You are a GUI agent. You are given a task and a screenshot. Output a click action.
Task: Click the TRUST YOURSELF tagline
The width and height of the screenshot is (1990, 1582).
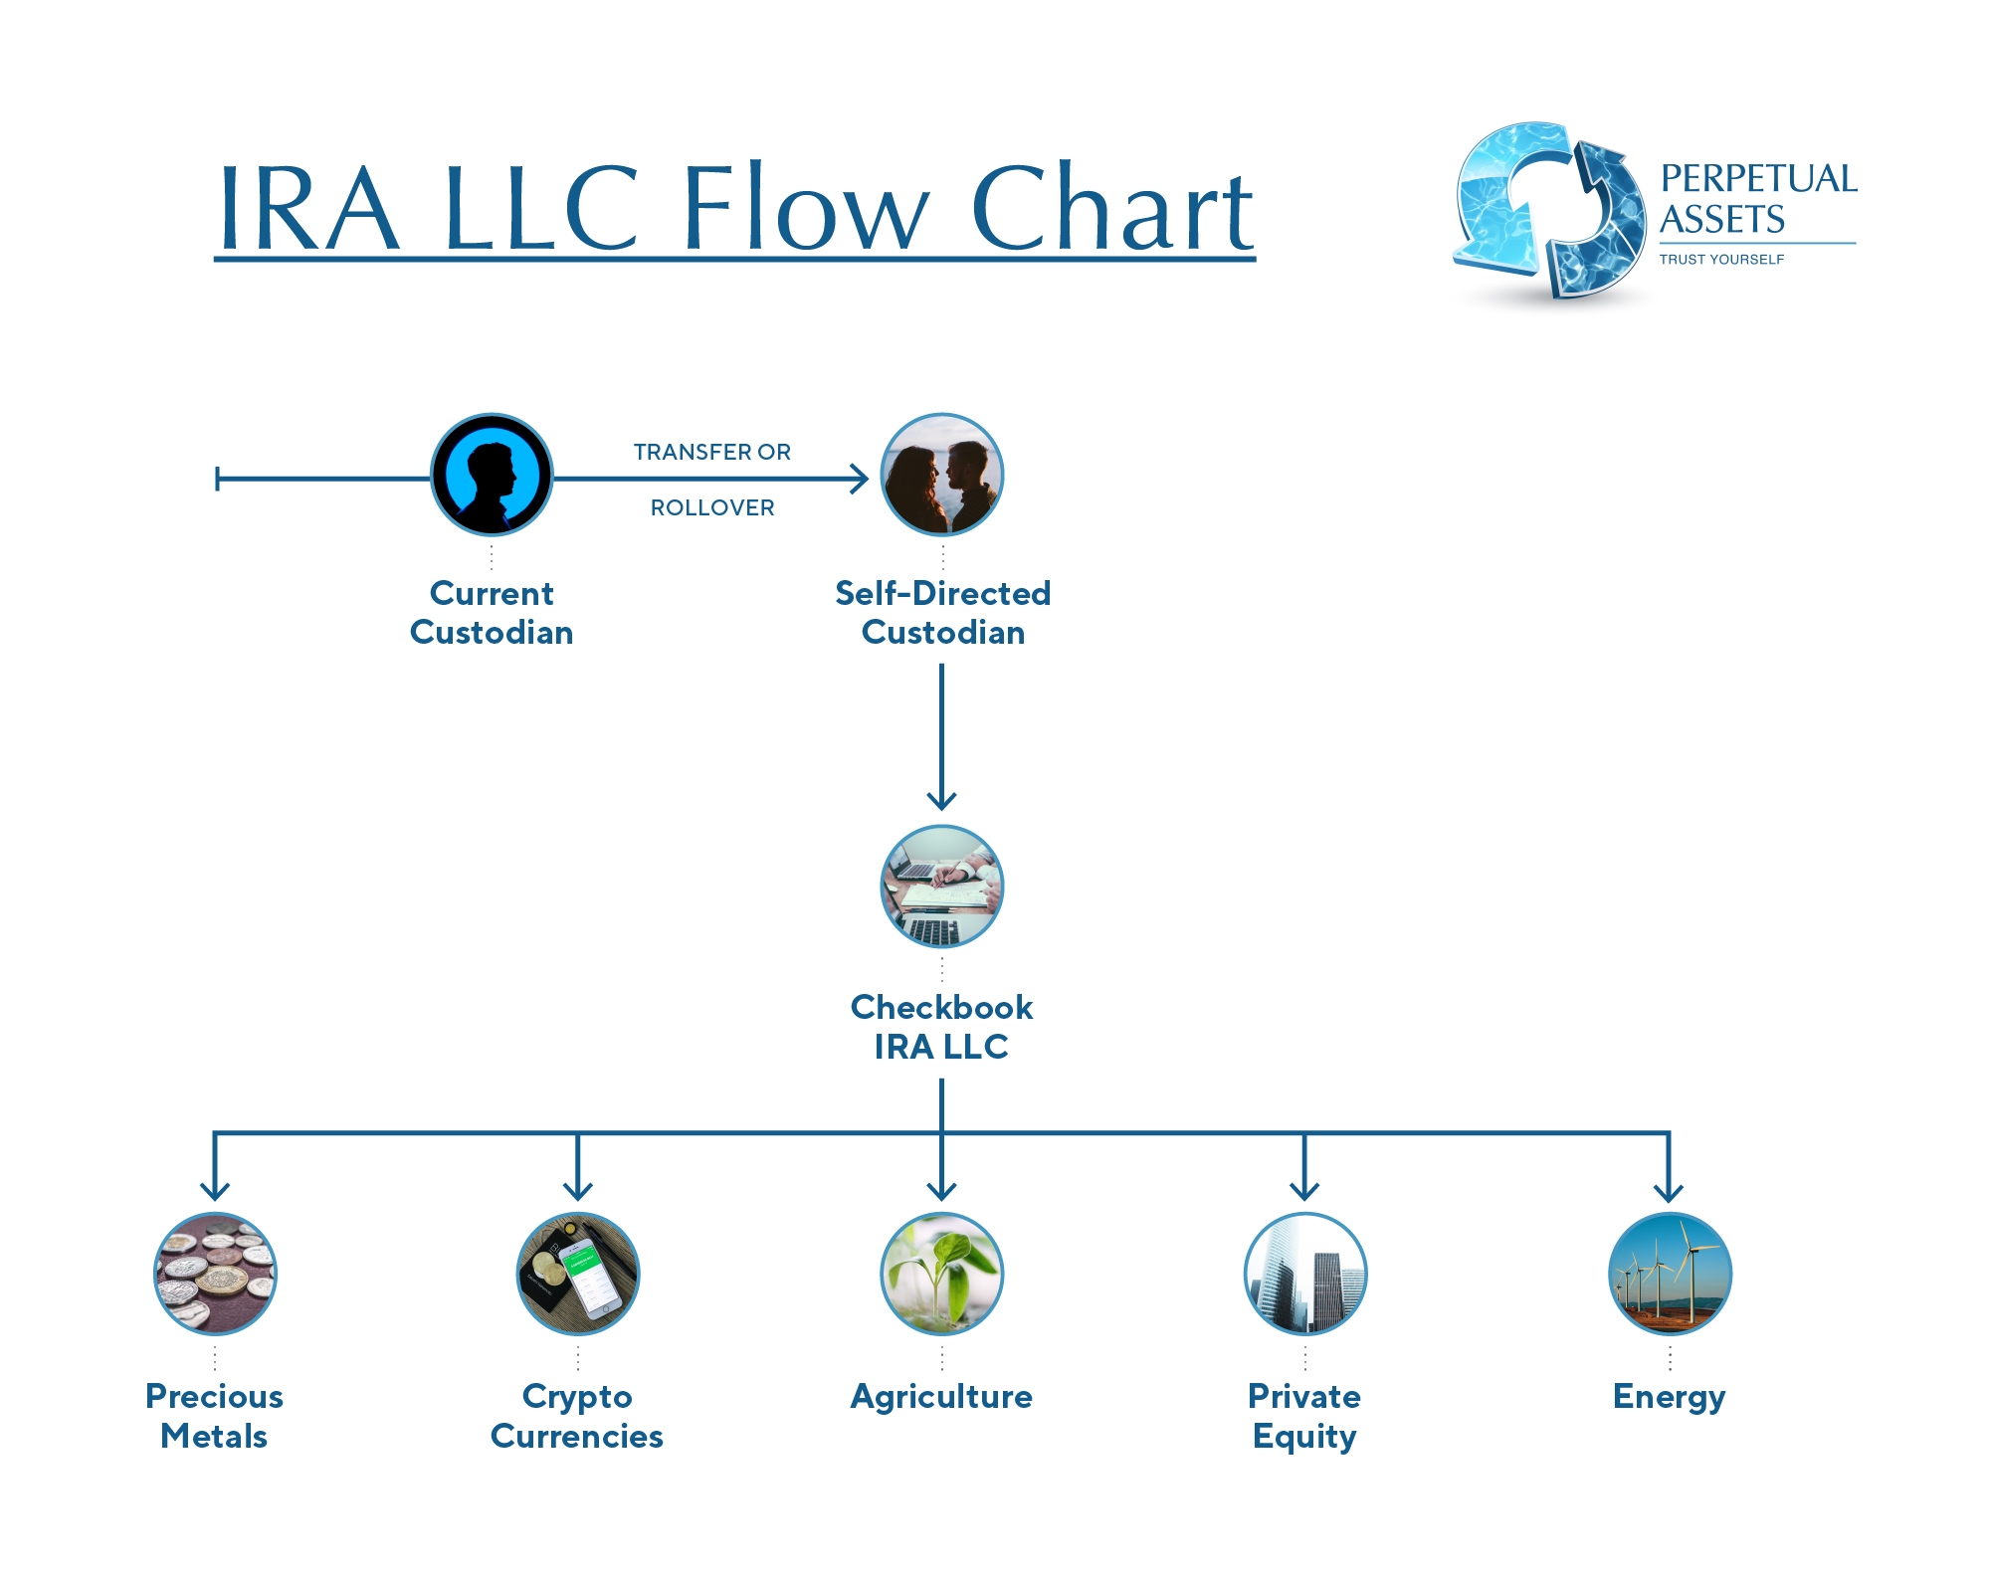(x=1721, y=260)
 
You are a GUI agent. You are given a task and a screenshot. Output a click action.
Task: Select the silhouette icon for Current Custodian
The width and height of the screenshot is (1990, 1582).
(x=492, y=475)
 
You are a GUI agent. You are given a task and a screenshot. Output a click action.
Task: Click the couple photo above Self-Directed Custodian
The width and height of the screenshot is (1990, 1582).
(x=942, y=475)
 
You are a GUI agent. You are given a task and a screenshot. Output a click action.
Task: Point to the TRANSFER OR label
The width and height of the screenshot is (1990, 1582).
(x=712, y=453)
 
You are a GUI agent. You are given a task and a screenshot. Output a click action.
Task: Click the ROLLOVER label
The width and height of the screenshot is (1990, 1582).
(x=712, y=508)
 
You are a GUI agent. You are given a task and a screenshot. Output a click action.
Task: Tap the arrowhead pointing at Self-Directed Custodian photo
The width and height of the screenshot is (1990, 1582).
(x=861, y=480)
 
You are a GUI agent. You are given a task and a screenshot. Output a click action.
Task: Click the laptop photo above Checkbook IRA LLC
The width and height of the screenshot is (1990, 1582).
(x=942, y=887)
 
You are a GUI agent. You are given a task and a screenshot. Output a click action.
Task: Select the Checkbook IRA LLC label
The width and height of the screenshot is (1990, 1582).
(x=941, y=1027)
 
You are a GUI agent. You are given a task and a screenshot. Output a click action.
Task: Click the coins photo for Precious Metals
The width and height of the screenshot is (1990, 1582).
(x=215, y=1274)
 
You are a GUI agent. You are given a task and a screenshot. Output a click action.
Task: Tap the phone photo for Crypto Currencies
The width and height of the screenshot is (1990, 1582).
(x=578, y=1274)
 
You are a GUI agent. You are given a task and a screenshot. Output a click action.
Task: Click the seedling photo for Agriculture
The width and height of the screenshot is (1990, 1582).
(x=942, y=1274)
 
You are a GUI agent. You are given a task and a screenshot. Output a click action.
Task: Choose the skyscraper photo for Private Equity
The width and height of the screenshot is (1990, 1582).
(x=1305, y=1274)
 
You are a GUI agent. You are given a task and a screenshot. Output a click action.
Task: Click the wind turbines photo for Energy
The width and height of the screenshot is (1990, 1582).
(x=1670, y=1274)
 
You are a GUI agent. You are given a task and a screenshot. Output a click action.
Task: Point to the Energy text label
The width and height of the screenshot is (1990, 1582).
(x=1669, y=1398)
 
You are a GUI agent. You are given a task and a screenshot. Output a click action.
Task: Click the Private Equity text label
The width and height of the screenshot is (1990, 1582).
(x=1304, y=1417)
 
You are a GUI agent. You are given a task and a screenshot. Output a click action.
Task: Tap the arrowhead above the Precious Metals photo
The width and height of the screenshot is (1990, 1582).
(x=215, y=1190)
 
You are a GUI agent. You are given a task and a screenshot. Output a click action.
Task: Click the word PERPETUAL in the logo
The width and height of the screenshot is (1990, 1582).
(x=1758, y=179)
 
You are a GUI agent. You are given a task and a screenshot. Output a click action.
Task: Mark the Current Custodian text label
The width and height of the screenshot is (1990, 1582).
(x=492, y=613)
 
